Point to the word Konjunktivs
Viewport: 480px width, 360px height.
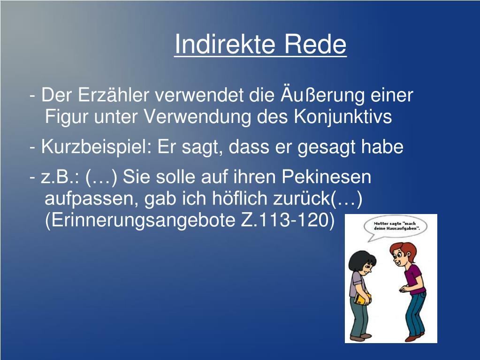pyautogui.click(x=343, y=117)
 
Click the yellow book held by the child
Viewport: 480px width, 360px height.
pyautogui.click(x=360, y=299)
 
